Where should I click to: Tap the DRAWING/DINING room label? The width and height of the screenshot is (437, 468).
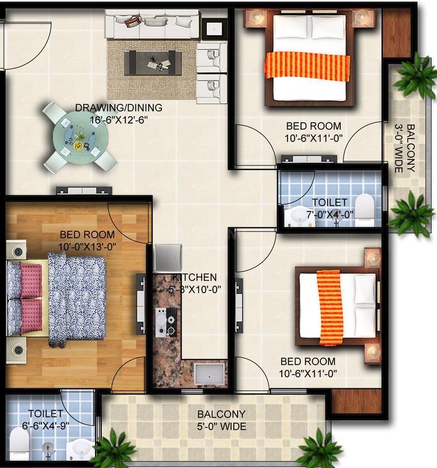pos(119,108)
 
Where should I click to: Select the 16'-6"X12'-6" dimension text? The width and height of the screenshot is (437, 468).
pos(119,120)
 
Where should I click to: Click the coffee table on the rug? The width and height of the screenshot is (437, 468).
pos(153,62)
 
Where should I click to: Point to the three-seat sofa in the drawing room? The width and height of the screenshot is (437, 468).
pos(152,24)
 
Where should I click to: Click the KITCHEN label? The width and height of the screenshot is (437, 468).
pos(195,277)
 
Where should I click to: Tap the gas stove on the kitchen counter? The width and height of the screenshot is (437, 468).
pos(166,322)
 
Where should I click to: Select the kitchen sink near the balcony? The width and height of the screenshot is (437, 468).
pos(210,374)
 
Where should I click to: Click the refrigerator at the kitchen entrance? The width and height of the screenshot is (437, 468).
pos(168,258)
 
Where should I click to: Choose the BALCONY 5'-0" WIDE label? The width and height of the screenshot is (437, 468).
pos(221,420)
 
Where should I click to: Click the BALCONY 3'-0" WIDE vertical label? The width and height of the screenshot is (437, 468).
pos(405,148)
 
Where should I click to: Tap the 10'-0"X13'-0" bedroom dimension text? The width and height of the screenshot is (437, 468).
pos(87,246)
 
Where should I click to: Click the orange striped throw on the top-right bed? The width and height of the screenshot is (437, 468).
pos(307,66)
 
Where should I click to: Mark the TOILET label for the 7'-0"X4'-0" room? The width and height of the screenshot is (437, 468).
pos(329,202)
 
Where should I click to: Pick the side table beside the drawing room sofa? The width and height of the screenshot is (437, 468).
pos(214,29)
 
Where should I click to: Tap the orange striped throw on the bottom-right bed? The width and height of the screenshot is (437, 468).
pos(329,307)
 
